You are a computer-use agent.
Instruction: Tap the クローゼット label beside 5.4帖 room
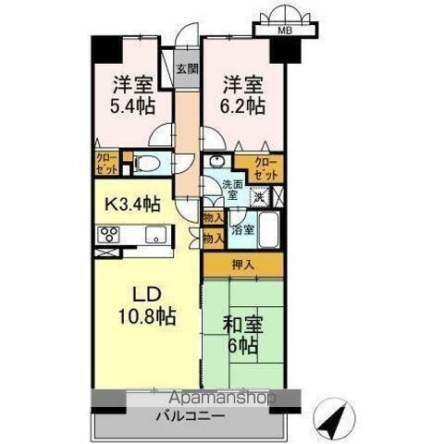pyautogui.click(x=106, y=165)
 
